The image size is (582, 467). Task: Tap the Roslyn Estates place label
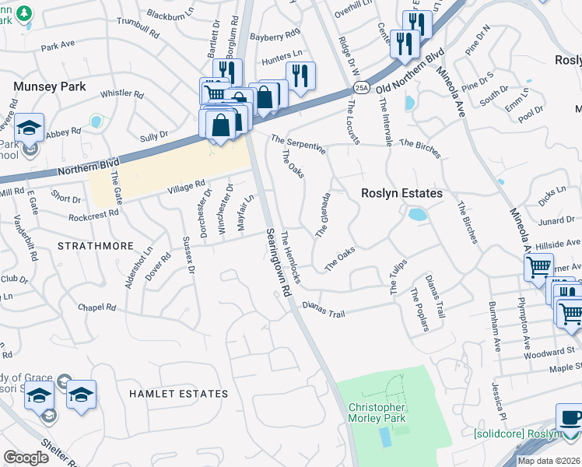pos(401,193)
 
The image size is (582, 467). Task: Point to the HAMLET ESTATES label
pos(179,394)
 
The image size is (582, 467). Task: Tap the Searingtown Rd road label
pos(277,262)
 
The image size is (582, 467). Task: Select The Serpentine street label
pos(298,145)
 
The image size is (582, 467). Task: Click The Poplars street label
pos(419,309)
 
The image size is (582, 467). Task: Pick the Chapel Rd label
pos(97,307)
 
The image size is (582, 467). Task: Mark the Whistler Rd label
pos(122,94)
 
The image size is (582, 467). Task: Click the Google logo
pos(26,458)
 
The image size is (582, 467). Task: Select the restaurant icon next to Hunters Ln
pos(300,75)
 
